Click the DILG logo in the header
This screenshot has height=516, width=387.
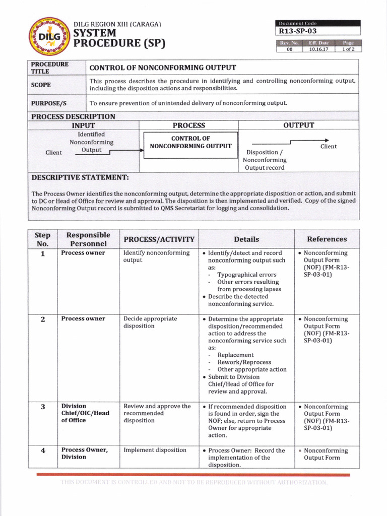click(x=49, y=36)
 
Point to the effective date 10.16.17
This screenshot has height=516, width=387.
click(x=319, y=49)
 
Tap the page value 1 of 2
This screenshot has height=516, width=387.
click(x=348, y=49)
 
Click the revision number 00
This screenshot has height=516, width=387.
click(x=289, y=49)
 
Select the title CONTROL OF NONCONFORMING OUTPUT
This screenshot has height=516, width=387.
click(x=162, y=68)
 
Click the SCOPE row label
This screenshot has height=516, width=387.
click(x=41, y=85)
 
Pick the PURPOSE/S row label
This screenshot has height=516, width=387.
click(x=48, y=103)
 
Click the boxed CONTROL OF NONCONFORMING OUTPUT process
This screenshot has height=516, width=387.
click(x=190, y=143)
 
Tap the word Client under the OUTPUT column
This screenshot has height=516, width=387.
click(x=329, y=147)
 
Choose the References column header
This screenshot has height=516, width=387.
click(x=327, y=239)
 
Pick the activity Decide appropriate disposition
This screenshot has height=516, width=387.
click(x=150, y=322)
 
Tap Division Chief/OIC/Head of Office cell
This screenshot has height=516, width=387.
click(x=85, y=413)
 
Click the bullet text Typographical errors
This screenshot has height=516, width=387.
click(x=246, y=275)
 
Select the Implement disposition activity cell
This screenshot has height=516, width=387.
click(x=155, y=450)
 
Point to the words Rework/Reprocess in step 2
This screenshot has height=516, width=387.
click(x=244, y=362)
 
